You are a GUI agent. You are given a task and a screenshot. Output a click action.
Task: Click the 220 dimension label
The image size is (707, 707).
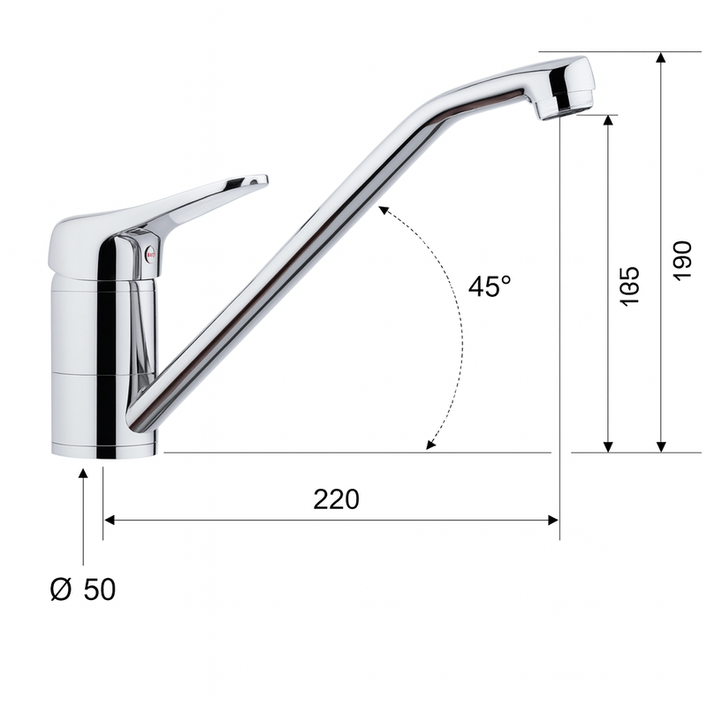(336, 499)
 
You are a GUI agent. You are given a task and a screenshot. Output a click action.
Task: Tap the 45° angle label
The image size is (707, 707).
(490, 286)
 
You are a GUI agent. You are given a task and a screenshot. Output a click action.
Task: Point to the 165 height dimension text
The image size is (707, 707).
(628, 286)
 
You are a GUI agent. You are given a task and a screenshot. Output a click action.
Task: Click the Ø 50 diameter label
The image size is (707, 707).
(82, 590)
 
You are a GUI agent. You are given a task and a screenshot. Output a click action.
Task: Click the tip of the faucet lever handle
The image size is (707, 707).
(259, 180)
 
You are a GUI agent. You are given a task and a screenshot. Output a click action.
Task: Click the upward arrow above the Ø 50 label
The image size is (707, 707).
(83, 475)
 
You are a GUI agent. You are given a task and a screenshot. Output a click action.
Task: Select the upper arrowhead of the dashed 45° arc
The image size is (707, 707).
(383, 209)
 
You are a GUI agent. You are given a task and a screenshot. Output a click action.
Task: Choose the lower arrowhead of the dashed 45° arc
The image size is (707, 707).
(430, 446)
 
